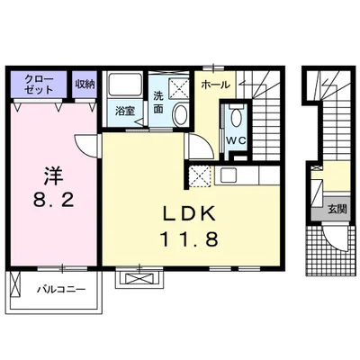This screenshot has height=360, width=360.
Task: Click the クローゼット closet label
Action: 39,85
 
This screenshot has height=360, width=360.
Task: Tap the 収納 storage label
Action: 85,85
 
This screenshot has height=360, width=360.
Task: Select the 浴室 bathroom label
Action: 125,112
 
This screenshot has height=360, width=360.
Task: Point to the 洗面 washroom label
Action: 158,103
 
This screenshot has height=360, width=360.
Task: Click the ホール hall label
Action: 215,85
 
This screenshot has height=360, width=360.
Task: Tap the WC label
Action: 236,140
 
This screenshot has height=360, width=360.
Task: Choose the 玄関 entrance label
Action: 337,209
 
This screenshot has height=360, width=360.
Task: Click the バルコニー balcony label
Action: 62,290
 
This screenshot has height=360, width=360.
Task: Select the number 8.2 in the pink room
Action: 54,200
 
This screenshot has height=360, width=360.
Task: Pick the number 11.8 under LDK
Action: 189,239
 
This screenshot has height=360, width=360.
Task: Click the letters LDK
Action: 189,213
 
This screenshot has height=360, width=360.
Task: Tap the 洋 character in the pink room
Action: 54,176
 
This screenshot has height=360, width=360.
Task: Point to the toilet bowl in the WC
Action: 236,118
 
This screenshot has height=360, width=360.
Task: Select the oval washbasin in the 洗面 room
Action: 180,114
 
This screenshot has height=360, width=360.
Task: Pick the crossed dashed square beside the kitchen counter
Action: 201,176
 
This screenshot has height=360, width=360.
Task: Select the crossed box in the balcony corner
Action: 14,283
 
